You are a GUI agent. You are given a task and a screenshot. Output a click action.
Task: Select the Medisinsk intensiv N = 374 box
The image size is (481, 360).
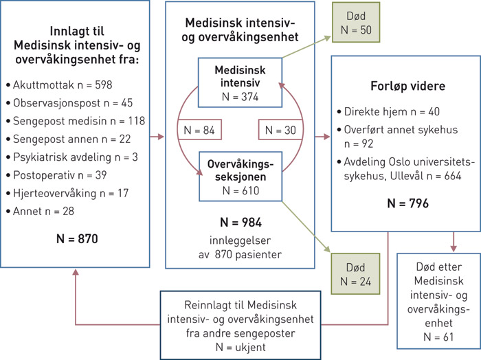pos(240,83)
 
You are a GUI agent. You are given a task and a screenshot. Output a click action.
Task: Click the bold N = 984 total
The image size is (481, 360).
pos(240,223)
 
